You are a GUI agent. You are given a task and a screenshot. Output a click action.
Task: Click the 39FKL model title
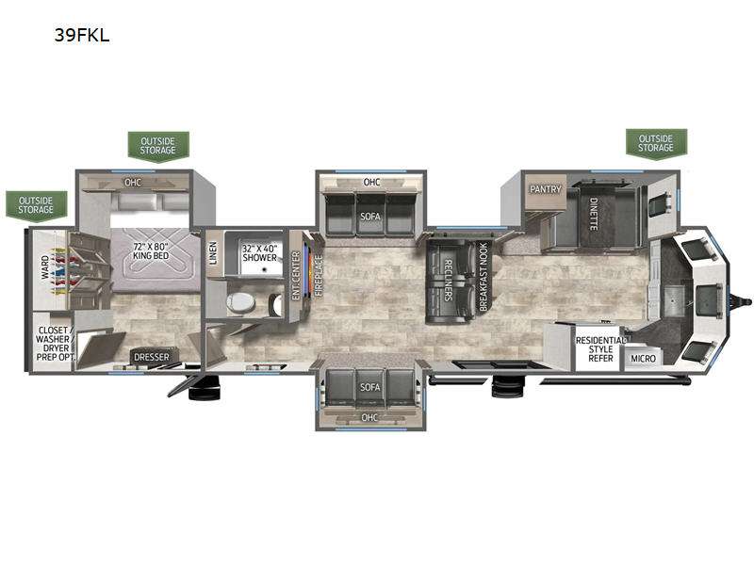pyautogui.click(x=82, y=35)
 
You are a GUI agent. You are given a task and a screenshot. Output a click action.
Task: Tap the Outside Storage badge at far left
pyautogui.click(x=36, y=205)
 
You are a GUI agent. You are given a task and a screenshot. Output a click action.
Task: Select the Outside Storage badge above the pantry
pyautogui.click(x=656, y=143)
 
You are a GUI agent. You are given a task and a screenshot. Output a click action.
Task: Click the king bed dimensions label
pyautogui.click(x=151, y=251)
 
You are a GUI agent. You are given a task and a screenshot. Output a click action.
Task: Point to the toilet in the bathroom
pyautogui.click(x=240, y=302)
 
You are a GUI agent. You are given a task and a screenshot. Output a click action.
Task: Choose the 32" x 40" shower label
pyautogui.click(x=260, y=253)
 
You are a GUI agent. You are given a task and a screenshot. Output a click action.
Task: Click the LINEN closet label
pyautogui.click(x=213, y=252)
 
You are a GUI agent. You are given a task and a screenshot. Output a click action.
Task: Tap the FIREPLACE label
pyautogui.click(x=319, y=275)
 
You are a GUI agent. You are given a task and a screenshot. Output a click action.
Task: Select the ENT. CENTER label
pyautogui.click(x=296, y=276)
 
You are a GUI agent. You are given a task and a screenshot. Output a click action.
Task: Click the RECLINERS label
pyautogui.click(x=447, y=280)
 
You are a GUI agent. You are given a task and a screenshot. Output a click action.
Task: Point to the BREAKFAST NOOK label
pyautogui.click(x=484, y=277)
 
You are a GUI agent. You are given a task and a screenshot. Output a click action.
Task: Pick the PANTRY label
pyautogui.click(x=546, y=189)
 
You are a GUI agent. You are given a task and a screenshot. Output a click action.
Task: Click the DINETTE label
pyautogui.click(x=594, y=214)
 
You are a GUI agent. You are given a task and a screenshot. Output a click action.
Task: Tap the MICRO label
pyautogui.click(x=643, y=359)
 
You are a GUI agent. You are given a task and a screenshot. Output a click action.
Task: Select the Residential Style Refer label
pyautogui.click(x=601, y=349)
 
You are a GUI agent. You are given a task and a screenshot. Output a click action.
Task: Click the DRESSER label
pyautogui.click(x=152, y=357)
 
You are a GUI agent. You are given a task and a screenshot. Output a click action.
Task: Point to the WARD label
pyautogui.click(x=44, y=267)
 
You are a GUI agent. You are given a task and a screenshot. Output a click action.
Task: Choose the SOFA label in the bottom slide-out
pyautogui.click(x=369, y=387)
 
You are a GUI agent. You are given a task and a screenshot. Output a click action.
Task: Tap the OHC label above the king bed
pyautogui.click(x=133, y=183)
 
